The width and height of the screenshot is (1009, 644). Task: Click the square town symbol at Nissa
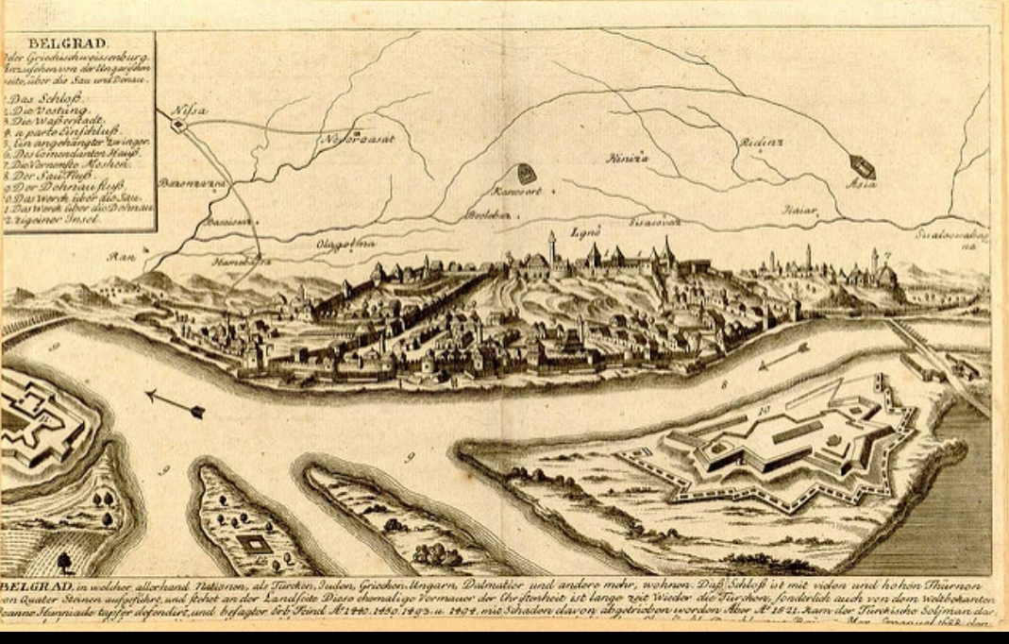177,123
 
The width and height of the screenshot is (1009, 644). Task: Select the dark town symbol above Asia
863,167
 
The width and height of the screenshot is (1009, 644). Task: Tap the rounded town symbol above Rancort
525,174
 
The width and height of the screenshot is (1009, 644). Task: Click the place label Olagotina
345,244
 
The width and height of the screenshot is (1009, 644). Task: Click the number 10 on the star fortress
764,409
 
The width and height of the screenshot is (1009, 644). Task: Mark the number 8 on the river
725,384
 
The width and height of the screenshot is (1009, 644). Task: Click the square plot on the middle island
252,543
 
